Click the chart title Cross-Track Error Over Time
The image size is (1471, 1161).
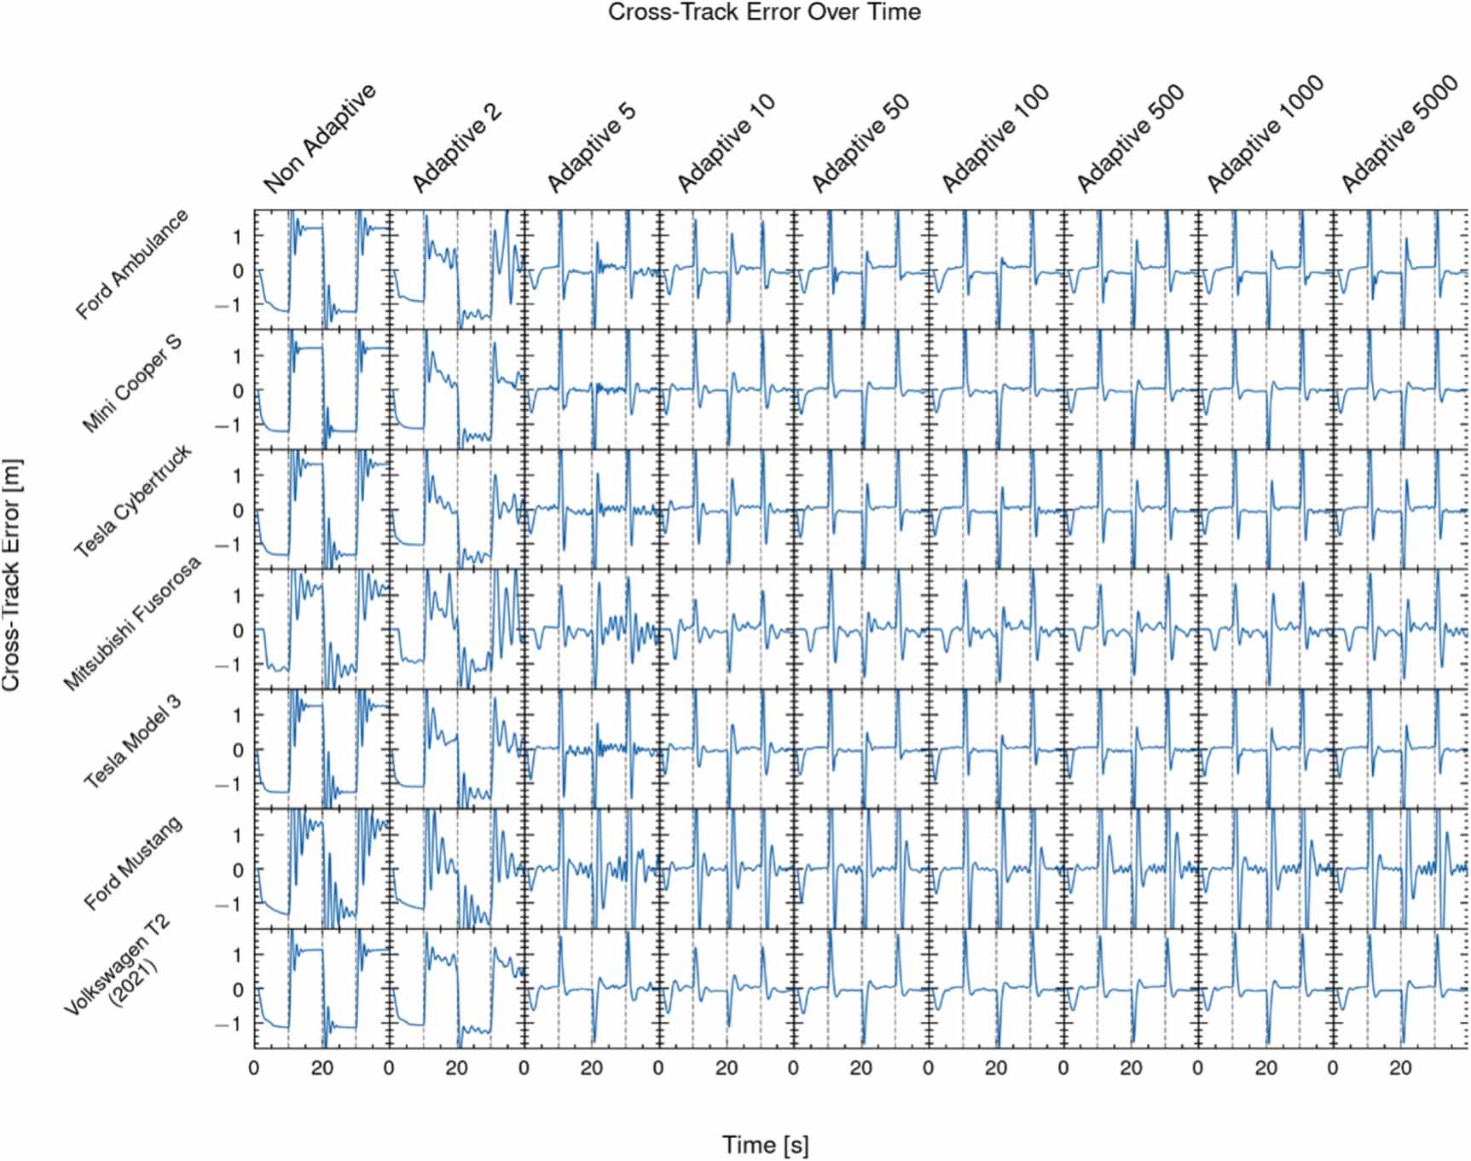(763, 13)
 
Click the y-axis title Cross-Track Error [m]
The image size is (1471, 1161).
(12, 575)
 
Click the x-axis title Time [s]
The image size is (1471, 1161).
(765, 1145)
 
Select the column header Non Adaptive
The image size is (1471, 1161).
(320, 138)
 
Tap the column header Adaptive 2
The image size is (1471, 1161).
(457, 147)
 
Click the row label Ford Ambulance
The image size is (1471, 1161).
(131, 264)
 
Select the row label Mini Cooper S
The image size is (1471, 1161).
(131, 384)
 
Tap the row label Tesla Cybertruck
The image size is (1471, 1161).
(132, 502)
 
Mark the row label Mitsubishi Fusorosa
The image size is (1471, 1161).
(132, 623)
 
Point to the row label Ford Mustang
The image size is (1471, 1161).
(132, 863)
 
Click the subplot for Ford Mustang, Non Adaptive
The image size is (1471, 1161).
(321, 869)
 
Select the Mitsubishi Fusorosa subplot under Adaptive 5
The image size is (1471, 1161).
(591, 629)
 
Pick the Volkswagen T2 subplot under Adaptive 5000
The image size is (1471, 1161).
(1400, 988)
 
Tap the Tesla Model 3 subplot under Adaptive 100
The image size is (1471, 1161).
(995, 748)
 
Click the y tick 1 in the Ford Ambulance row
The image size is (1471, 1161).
(238, 237)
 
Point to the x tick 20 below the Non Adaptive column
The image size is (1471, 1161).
(322, 1068)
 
